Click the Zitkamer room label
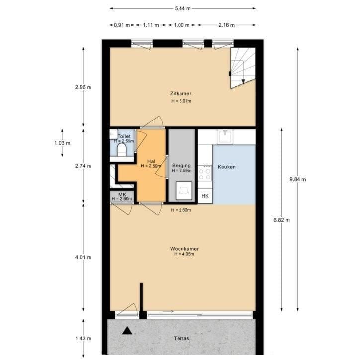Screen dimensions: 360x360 (x=180, y=93)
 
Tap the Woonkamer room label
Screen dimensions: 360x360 (x=184, y=249)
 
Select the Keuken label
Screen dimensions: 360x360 (x=227, y=167)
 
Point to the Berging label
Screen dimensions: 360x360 (x=181, y=165)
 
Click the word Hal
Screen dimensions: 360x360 (x=151, y=161)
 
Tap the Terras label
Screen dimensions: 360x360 (x=181, y=338)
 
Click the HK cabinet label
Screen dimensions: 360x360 (x=205, y=196)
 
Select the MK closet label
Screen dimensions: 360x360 (x=122, y=195)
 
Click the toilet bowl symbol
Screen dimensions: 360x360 (x=122, y=150)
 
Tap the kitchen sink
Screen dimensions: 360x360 (x=225, y=136)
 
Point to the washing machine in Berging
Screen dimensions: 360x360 (x=184, y=191)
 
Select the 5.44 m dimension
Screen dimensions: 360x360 (x=183, y=9)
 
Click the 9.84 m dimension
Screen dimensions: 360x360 (x=298, y=180)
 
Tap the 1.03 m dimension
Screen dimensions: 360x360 (x=62, y=143)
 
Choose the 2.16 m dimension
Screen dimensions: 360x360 (x=226, y=25)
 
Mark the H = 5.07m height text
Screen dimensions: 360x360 (x=181, y=101)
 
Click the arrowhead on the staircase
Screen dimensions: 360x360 (x=243, y=81)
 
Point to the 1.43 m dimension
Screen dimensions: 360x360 (x=83, y=338)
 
